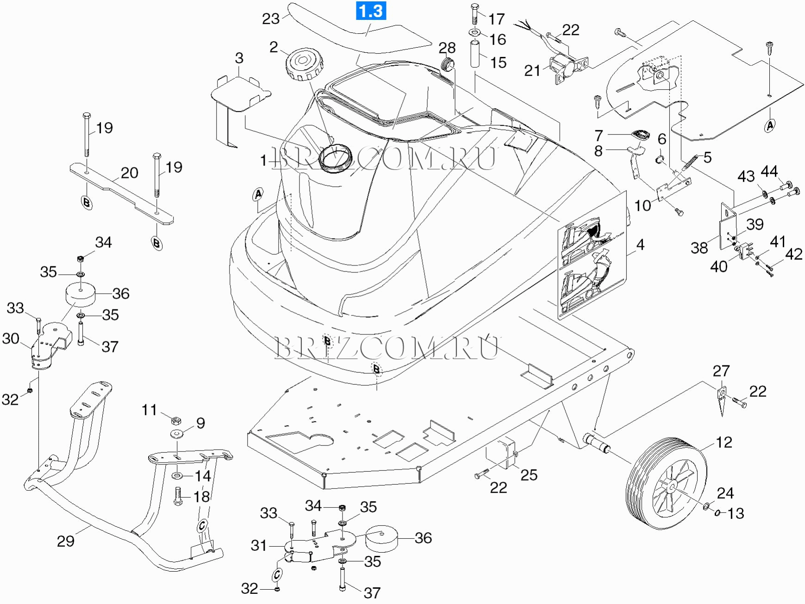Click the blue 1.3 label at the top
tap(371, 11)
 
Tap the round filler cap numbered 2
tap(304, 65)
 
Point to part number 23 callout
tap(271, 18)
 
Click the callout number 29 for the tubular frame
tap(65, 541)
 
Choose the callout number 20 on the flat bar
tap(129, 173)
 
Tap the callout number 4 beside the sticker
tap(640, 245)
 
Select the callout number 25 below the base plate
tap(529, 475)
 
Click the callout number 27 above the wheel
tap(721, 371)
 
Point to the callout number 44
tap(769, 172)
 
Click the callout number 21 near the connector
tap(532, 71)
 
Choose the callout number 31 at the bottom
tap(259, 545)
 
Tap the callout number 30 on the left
tap(11, 339)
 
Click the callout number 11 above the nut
tap(149, 410)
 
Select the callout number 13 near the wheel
tap(736, 513)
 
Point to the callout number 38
tap(699, 248)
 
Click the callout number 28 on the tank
tap(447, 48)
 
